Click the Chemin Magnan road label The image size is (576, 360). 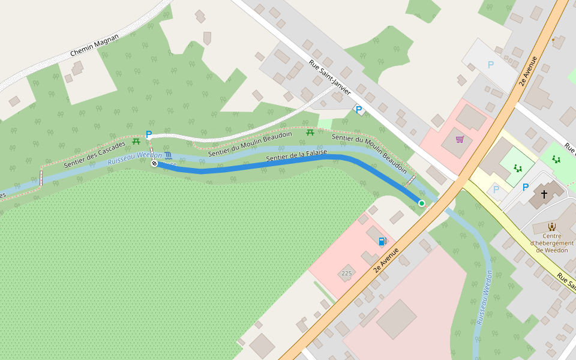tap(95, 45)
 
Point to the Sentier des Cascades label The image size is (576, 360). tap(95, 154)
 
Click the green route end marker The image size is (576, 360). tap(422, 203)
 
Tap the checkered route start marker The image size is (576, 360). tap(154, 163)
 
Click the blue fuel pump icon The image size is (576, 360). tap(382, 241)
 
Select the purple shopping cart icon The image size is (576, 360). tap(460, 139)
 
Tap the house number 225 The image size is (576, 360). tap(346, 273)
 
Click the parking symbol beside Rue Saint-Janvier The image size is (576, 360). tap(359, 110)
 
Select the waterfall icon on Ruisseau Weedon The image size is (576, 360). tap(168, 155)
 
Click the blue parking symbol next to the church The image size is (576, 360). tap(526, 187)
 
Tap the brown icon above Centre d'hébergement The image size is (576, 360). tap(552, 227)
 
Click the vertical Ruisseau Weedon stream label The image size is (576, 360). tap(485, 298)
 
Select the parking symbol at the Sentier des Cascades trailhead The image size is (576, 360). tap(149, 134)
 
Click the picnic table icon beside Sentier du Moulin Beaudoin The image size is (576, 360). tap(310, 132)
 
